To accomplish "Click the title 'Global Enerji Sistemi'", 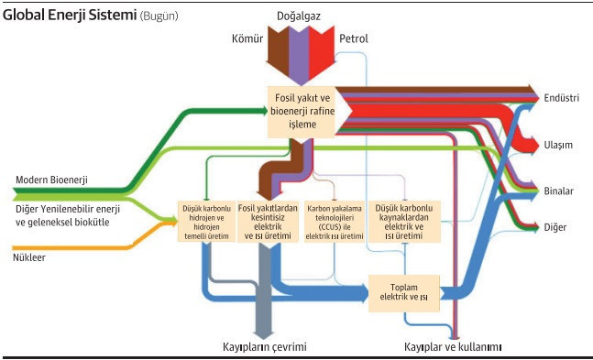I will tap(70, 16).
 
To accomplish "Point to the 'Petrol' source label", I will tap(355, 38).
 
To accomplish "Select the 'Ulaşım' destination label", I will tap(558, 145).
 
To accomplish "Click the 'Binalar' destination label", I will tap(558, 191).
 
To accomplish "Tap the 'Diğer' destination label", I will tap(555, 226).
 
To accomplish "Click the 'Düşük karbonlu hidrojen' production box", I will tap(205, 221).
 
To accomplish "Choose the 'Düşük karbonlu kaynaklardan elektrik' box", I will tap(403, 221).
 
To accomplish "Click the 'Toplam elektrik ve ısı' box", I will tap(405, 292).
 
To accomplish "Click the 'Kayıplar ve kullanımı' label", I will tap(455, 346).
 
